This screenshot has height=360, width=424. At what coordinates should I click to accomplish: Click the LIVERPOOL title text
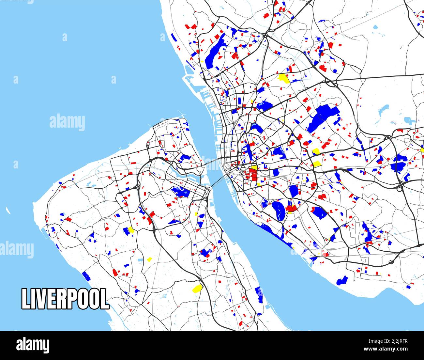[x=65, y=299]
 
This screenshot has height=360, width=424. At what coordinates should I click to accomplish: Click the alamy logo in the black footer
[x=33, y=345]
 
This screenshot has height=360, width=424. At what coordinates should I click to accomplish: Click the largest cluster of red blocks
[x=251, y=174]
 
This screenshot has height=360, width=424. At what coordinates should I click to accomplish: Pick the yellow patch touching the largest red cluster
[x=253, y=167]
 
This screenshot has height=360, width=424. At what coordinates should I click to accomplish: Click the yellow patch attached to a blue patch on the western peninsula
[x=131, y=230]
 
